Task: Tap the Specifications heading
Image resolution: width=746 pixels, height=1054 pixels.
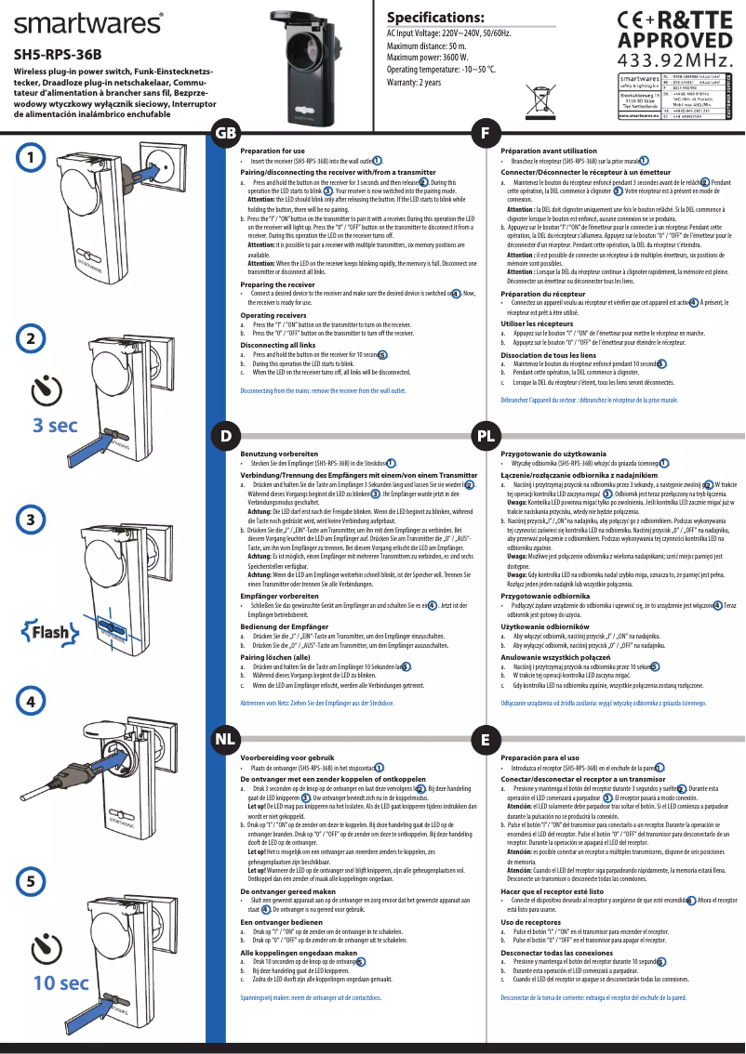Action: coord(435,18)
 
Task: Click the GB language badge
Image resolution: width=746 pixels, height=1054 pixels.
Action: coord(224,132)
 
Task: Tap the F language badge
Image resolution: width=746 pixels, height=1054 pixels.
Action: coord(485,132)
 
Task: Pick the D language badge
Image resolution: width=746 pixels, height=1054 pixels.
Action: coord(224,435)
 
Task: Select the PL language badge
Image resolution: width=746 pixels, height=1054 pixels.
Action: coord(485,435)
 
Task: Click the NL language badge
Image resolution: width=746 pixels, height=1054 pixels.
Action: coord(224,740)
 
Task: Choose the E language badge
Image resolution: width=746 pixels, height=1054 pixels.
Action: coord(485,740)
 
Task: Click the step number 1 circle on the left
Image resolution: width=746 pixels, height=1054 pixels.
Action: coord(32,158)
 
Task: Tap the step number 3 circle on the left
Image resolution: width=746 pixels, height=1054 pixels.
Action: coord(32,519)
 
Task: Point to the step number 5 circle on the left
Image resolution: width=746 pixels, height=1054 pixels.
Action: coord(32,879)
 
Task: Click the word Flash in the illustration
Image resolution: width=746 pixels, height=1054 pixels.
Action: coord(50,634)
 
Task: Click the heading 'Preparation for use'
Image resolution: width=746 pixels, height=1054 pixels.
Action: coord(273,151)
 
